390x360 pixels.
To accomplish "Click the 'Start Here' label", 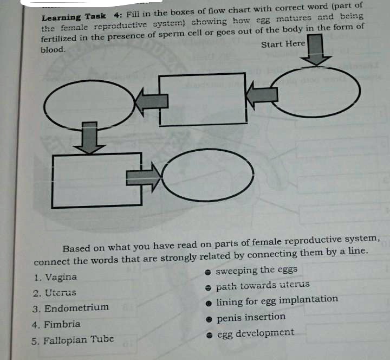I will click(x=283, y=44).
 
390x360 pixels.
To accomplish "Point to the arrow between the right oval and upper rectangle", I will click(x=262, y=96).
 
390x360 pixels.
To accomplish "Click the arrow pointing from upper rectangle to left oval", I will click(x=149, y=101).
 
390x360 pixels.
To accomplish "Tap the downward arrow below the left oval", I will click(x=89, y=138).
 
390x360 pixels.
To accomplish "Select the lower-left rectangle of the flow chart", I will click(x=97, y=179).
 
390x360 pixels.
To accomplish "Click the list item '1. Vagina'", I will click(x=54, y=277).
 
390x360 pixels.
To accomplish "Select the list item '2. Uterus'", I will click(x=54, y=293).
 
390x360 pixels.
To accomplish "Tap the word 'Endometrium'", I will click(x=76, y=308).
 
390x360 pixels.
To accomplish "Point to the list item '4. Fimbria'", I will click(x=56, y=324).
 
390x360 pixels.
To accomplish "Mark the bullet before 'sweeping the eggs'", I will click(x=207, y=271).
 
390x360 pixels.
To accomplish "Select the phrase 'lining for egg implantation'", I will click(x=277, y=300).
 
